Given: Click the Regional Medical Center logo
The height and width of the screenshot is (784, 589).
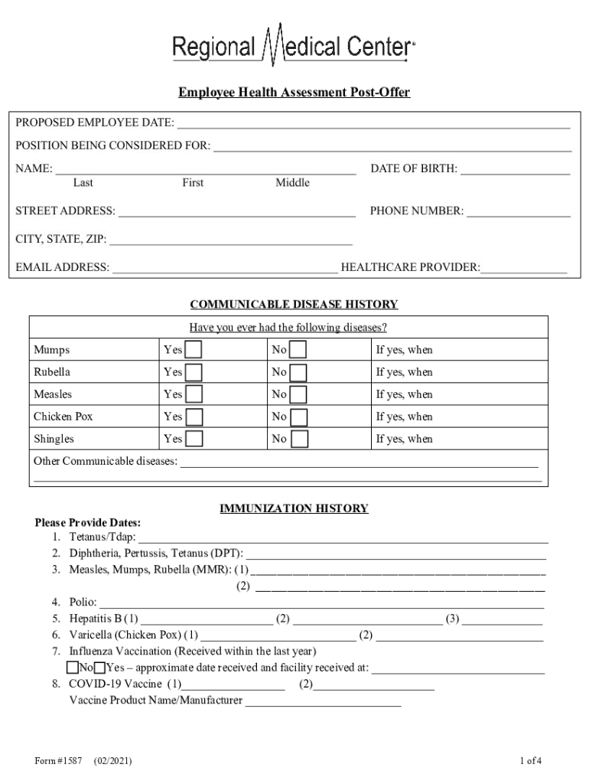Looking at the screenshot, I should tap(294, 47).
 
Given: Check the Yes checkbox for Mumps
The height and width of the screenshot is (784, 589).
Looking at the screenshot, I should tap(195, 350).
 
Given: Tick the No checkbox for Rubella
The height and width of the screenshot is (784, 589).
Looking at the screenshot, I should tap(298, 372).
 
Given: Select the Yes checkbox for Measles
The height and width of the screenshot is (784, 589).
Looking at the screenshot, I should tap(195, 394).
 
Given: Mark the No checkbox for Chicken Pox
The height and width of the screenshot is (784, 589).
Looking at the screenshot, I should tap(298, 416).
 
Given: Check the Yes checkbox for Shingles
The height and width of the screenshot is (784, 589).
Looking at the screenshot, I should tap(195, 439).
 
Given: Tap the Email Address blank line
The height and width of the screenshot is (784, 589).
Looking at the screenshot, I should tap(225, 268).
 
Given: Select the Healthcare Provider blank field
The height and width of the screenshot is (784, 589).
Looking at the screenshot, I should tap(524, 268).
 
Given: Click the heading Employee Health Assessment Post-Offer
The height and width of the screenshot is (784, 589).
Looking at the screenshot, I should tap(294, 93).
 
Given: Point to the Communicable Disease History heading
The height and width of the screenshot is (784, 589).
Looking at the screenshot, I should tap(294, 305).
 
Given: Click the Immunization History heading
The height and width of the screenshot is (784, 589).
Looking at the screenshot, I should tap(294, 508).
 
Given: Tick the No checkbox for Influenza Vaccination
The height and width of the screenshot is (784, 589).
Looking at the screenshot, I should tap(73, 667).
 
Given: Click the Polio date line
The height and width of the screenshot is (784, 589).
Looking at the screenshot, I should tap(321, 603).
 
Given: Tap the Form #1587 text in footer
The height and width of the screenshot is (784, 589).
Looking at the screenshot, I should tap(58, 761).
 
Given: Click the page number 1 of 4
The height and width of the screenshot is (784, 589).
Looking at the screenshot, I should tap(530, 761).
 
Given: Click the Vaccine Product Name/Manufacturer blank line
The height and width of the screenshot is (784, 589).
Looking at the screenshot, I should tap(323, 701).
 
